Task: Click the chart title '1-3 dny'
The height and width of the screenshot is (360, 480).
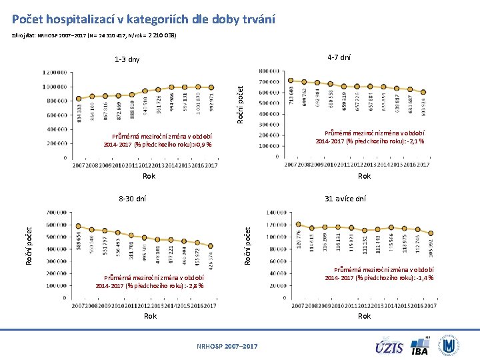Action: click(x=127, y=59)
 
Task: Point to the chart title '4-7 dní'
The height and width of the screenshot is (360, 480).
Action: click(x=339, y=57)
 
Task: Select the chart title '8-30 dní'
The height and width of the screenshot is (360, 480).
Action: click(x=132, y=199)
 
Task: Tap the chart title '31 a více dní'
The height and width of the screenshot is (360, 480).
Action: click(x=345, y=199)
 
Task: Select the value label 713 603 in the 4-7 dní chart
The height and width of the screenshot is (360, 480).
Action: click(x=291, y=97)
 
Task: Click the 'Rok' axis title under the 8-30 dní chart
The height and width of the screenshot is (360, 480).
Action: click(x=151, y=316)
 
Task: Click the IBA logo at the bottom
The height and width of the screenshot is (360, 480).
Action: click(x=420, y=347)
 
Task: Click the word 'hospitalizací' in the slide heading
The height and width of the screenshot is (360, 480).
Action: click(x=82, y=19)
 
